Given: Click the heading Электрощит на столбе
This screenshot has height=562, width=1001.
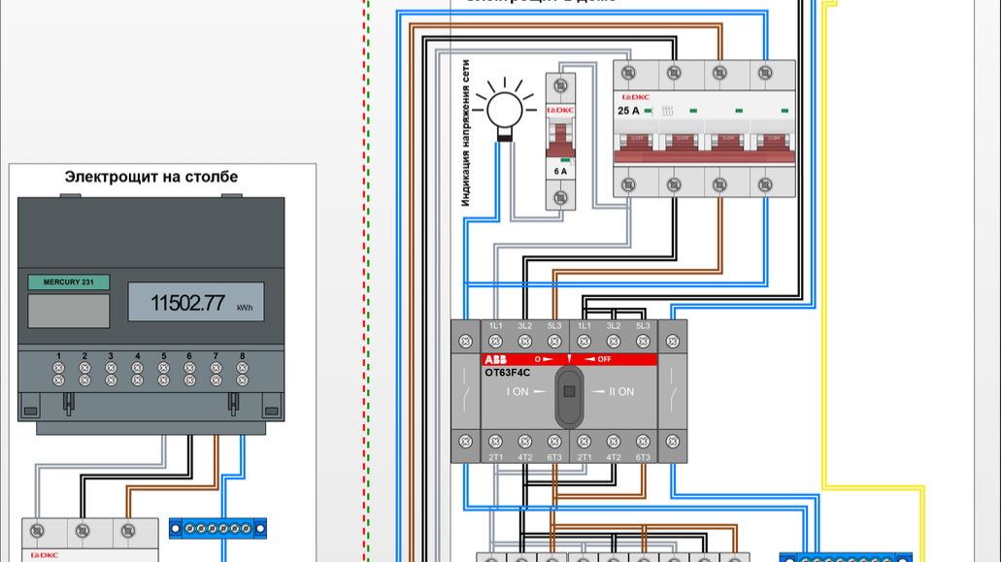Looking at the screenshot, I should click(150, 177).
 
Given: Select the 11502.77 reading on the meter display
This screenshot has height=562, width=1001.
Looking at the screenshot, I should click(187, 303).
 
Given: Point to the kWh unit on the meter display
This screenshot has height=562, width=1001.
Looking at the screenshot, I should click(245, 308).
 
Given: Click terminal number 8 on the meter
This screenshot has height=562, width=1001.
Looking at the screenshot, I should click(242, 356).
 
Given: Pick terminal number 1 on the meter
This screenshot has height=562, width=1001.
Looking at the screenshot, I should click(59, 356).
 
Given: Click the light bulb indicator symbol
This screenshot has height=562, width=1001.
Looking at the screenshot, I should click(505, 107).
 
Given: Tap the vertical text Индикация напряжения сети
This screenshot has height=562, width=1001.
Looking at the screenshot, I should click(466, 133).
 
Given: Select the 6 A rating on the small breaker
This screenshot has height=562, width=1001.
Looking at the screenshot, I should click(559, 171).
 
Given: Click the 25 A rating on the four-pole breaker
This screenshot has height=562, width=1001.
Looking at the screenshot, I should click(629, 111).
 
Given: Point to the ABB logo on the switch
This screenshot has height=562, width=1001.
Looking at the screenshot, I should click(495, 359).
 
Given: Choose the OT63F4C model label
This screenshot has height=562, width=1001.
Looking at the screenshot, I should click(508, 372).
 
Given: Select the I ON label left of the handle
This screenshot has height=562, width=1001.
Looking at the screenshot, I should click(518, 392).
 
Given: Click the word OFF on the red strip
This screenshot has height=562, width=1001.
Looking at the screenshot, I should click(604, 359).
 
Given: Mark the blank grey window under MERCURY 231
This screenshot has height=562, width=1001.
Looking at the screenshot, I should click(68, 311).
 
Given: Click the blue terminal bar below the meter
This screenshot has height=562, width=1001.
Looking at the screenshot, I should click(217, 528).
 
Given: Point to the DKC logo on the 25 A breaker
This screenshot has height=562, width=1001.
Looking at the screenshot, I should click(635, 97).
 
